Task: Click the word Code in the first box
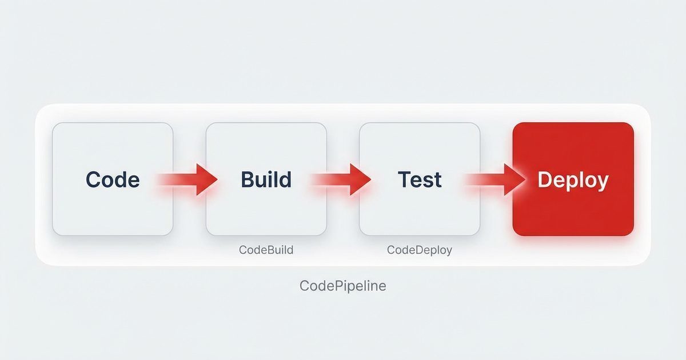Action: [113, 179]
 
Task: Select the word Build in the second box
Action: [266, 179]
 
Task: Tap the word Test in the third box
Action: [420, 179]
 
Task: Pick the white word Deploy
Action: [573, 180]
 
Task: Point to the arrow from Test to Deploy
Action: [495, 179]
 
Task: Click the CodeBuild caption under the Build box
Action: [266, 250]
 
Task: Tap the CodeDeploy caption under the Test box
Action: [419, 250]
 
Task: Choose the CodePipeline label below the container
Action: [343, 286]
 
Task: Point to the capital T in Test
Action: [404, 179]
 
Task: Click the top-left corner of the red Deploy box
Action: [514, 125]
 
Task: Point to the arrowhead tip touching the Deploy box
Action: [525, 179]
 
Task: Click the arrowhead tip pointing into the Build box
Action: [218, 179]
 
